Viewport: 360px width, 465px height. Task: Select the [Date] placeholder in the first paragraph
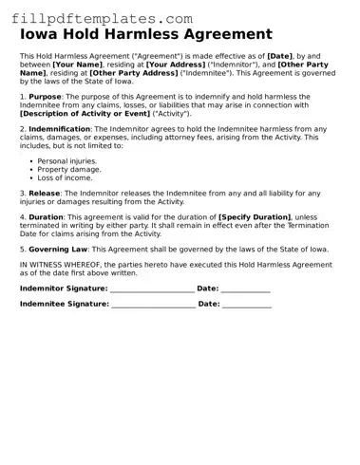[280, 57]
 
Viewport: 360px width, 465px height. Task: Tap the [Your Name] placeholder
[77, 65]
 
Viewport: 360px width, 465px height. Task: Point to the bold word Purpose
[46, 96]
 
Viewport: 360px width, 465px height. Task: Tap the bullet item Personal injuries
[67, 161]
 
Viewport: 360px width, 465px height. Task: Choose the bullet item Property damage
[69, 169]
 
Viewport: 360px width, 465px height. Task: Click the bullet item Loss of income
[65, 177]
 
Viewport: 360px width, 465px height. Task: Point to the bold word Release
[45, 193]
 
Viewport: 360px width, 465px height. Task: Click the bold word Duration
[47, 216]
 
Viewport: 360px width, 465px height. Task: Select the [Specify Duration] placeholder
[250, 216]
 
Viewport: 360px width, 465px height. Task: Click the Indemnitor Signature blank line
[152, 288]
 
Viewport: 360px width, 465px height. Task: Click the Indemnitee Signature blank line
[153, 306]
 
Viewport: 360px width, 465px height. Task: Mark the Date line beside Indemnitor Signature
[246, 288]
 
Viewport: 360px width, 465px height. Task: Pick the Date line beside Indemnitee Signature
[247, 306]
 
